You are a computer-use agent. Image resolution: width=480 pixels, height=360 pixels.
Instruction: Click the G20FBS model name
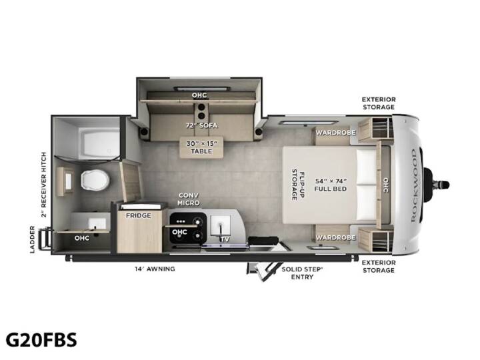[41, 340]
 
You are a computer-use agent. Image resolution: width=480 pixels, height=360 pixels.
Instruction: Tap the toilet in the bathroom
[95, 180]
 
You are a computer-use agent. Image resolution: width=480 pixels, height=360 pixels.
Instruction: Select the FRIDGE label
[139, 215]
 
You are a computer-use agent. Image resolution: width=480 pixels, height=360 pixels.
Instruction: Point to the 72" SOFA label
[201, 125]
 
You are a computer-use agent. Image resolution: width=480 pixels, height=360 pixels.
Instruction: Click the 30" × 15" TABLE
[202, 147]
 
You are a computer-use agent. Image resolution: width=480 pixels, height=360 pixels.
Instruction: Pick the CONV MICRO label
[189, 199]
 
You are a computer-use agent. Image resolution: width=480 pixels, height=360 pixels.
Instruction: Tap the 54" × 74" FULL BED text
[331, 185]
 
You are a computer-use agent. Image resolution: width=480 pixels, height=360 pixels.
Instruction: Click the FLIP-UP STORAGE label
[298, 185]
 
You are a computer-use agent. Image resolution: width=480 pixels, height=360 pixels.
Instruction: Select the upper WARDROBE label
[335, 133]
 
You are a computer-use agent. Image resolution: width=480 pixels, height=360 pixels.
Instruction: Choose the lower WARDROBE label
[335, 237]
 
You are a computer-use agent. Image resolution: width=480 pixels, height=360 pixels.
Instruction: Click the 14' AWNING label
[155, 269]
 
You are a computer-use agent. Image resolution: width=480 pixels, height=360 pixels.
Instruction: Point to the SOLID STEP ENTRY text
[302, 273]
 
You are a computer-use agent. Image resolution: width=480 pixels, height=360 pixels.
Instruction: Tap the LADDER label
[33, 239]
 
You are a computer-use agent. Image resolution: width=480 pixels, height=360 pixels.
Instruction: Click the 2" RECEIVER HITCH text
[45, 185]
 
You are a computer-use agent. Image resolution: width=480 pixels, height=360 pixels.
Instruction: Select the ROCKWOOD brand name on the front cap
[413, 185]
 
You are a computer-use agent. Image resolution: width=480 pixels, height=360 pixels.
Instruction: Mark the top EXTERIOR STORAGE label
[379, 103]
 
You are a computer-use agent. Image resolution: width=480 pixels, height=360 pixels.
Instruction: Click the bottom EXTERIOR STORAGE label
[379, 266]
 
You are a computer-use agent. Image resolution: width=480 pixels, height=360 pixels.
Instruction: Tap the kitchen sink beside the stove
[221, 225]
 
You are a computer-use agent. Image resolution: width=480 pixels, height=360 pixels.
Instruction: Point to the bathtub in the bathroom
[99, 143]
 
